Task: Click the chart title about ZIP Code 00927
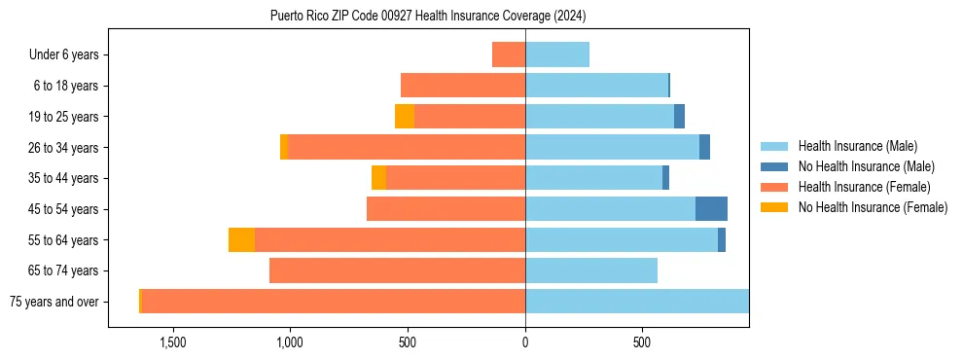pyautogui.click(x=428, y=17)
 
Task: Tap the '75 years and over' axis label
pyautogui.click(x=53, y=302)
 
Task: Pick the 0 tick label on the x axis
pyautogui.click(x=525, y=343)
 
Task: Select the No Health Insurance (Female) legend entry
pyautogui.click(x=873, y=207)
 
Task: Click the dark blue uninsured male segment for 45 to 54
pyautogui.click(x=711, y=209)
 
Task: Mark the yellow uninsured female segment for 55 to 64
pyautogui.click(x=241, y=240)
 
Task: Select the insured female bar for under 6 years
pyautogui.click(x=509, y=54)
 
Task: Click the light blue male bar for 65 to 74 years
pyautogui.click(x=591, y=270)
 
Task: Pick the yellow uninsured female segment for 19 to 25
pyautogui.click(x=405, y=117)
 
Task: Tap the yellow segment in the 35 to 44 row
pyautogui.click(x=378, y=178)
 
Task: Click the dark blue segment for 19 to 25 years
pyautogui.click(x=679, y=117)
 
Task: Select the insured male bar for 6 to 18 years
pyautogui.click(x=596, y=86)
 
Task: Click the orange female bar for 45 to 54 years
pyautogui.click(x=446, y=209)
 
